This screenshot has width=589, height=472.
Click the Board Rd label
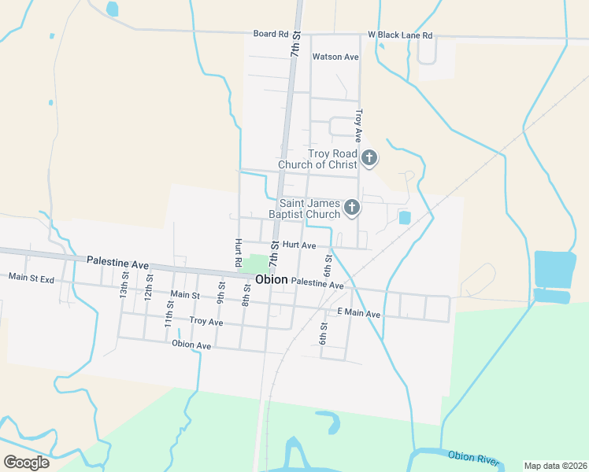(270, 34)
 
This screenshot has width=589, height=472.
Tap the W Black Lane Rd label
(400, 35)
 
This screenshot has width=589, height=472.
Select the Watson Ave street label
(335, 57)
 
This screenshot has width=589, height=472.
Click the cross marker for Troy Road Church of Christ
(369, 158)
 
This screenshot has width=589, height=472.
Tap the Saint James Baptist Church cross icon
(352, 208)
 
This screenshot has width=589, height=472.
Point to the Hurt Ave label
(298, 245)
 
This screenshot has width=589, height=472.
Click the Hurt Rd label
(237, 251)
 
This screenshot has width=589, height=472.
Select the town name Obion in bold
(272, 280)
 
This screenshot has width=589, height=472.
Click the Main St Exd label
(31, 277)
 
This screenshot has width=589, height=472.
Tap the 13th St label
(124, 285)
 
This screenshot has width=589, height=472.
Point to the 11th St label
(169, 315)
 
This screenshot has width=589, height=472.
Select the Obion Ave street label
(191, 345)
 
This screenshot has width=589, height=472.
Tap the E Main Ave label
(358, 314)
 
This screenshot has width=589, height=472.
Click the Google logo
(26, 462)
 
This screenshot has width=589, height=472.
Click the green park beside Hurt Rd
(255, 264)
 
